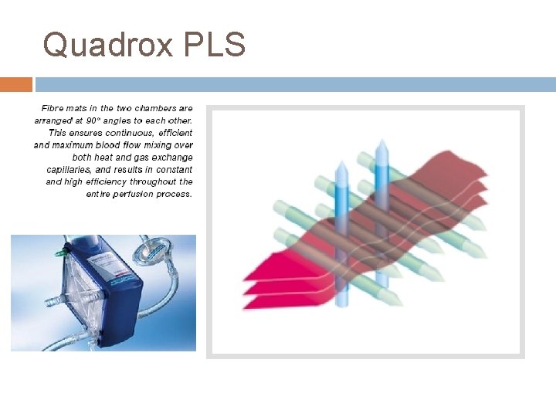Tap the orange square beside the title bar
click(16, 84)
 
